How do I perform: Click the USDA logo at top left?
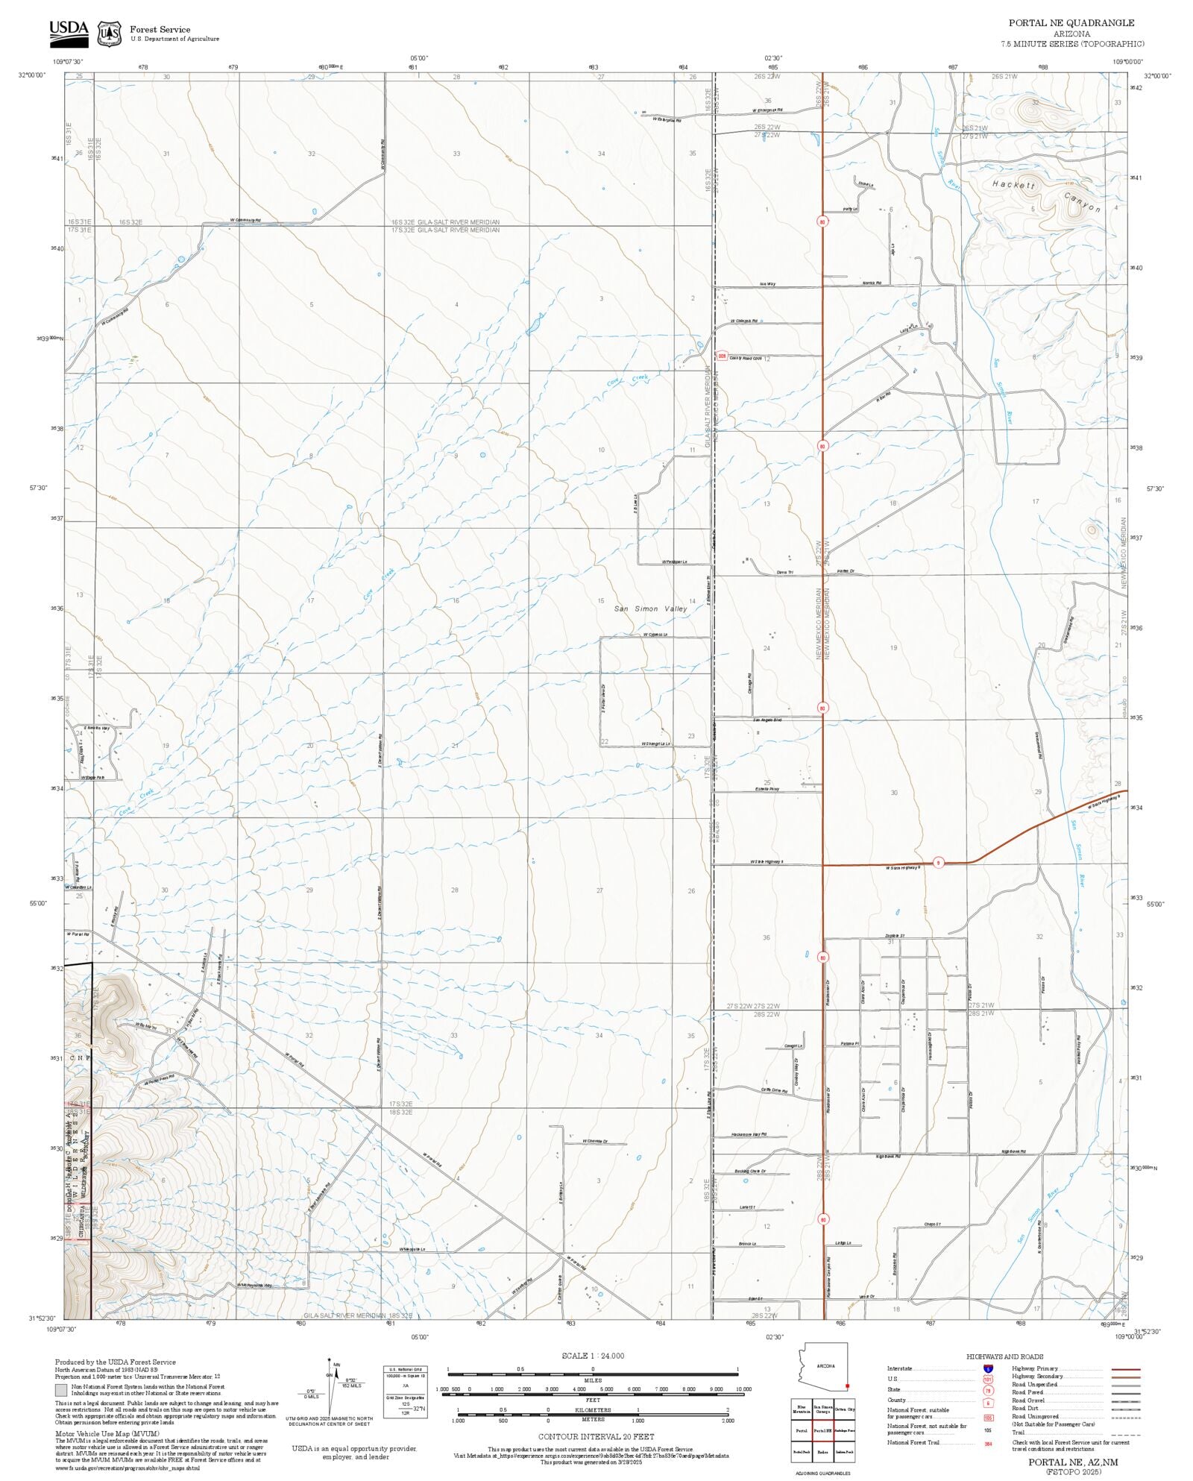click(69, 34)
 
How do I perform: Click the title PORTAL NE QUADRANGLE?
click(1071, 23)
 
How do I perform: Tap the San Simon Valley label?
click(650, 609)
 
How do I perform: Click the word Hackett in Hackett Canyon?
click(1013, 184)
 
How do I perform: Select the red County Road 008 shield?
click(722, 356)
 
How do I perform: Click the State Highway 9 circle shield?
click(939, 863)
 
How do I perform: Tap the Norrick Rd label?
click(872, 283)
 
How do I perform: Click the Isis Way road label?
click(767, 284)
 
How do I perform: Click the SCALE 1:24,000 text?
click(593, 1356)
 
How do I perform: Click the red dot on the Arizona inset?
click(847, 1386)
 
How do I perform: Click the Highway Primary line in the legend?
click(1125, 1369)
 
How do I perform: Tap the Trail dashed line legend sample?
click(1125, 1433)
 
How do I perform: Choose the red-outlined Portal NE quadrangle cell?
click(823, 1431)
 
